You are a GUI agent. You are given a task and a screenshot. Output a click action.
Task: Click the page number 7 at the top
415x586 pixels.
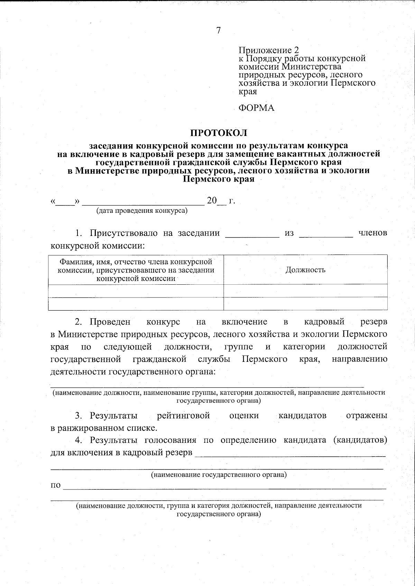[218, 30]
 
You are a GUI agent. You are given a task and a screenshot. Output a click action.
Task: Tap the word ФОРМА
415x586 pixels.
[256, 108]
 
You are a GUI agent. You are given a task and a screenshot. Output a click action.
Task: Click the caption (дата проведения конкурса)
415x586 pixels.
[142, 210]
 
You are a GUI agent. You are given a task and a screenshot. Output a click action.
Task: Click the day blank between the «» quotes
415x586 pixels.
[65, 202]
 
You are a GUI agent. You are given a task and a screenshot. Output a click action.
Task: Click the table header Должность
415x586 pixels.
[305, 270]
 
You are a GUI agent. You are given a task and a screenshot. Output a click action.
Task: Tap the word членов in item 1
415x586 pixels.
[372, 233]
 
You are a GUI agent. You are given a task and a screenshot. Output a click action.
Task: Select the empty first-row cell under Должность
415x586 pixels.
[305, 291]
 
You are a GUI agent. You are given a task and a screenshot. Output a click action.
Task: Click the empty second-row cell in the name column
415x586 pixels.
[136, 303]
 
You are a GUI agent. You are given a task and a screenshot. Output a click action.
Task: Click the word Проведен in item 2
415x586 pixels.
[110, 322]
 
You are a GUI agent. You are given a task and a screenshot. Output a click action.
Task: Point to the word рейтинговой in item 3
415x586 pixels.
[183, 415]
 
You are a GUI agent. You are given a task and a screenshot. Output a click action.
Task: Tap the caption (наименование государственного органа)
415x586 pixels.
[219, 475]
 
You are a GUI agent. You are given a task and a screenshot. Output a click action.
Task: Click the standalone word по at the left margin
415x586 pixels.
[56, 485]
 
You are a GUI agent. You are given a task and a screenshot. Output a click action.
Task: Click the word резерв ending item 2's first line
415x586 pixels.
[373, 322]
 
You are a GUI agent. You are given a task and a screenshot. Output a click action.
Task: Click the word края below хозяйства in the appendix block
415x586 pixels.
[248, 92]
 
